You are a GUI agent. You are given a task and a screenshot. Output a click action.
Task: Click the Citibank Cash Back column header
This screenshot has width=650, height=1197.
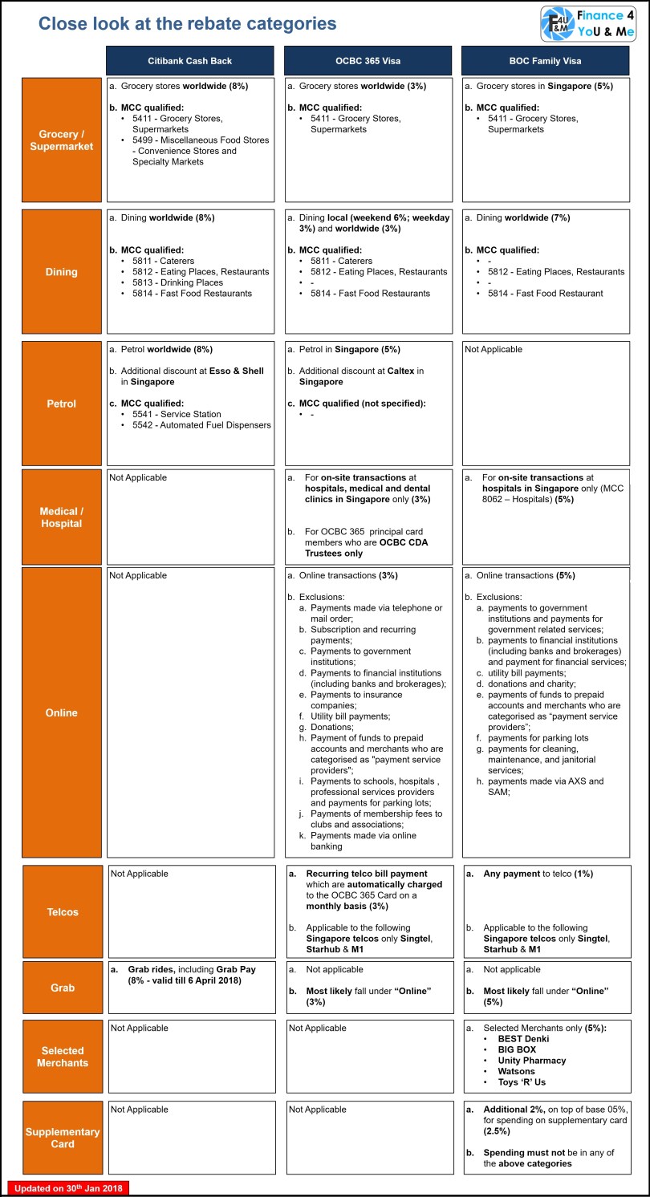190,61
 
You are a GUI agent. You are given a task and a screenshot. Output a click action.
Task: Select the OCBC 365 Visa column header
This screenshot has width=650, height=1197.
368,61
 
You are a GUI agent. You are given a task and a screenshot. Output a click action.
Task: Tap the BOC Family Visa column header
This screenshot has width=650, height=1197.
546,61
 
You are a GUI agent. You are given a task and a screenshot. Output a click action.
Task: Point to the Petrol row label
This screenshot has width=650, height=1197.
62,404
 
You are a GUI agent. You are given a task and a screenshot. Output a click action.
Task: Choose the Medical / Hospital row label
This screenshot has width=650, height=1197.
62,517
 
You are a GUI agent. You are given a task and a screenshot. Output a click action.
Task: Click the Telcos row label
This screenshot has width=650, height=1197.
62,911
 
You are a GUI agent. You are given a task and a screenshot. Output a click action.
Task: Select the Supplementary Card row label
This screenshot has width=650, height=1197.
62,1138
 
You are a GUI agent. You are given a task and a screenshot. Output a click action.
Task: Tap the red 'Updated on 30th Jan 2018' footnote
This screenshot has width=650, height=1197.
68,1188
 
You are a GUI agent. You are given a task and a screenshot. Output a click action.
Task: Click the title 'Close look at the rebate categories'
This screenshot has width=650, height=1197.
188,24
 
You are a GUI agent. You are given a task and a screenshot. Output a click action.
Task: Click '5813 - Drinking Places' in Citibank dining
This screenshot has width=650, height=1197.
178,282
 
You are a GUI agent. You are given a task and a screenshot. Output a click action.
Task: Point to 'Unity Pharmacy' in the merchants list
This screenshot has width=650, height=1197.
531,1061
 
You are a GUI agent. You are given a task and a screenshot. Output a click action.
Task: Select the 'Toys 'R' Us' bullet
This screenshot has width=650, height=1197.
522,1082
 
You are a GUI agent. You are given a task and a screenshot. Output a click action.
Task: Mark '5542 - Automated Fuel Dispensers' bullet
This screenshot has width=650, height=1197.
201,425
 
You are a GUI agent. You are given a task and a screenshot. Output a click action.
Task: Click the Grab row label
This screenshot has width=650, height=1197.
62,988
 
